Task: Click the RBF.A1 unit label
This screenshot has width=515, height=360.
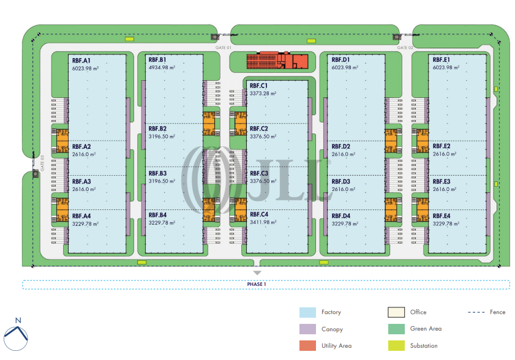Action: point(81,61)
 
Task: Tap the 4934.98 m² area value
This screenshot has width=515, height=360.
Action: point(162,69)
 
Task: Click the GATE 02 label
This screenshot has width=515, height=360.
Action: point(405,47)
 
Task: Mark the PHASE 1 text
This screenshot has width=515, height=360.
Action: point(257,284)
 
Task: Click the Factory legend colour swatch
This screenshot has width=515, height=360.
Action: point(307,312)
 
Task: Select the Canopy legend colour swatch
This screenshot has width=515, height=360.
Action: point(307,329)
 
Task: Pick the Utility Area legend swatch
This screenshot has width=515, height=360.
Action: point(307,346)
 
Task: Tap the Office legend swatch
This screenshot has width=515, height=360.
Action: point(396,312)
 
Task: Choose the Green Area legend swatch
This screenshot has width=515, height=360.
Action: point(396,329)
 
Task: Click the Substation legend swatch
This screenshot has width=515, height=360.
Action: point(396,346)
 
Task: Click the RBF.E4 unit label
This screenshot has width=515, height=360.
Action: point(442,216)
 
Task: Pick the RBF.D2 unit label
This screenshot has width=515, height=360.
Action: point(341,146)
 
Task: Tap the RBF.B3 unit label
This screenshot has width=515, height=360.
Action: point(157,173)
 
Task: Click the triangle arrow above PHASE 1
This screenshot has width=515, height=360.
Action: point(257,272)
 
